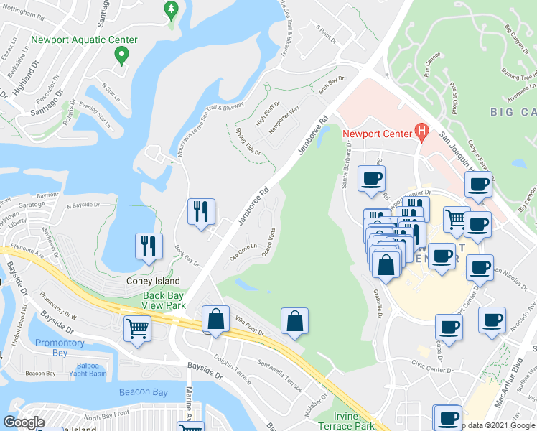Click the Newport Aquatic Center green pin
[x=122, y=55]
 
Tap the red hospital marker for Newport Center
[x=421, y=132]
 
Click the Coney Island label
[x=152, y=281]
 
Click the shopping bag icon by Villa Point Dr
[x=215, y=319]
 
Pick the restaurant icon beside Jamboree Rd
[x=200, y=211]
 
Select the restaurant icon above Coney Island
[x=149, y=245]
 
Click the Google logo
[x=24, y=422]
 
